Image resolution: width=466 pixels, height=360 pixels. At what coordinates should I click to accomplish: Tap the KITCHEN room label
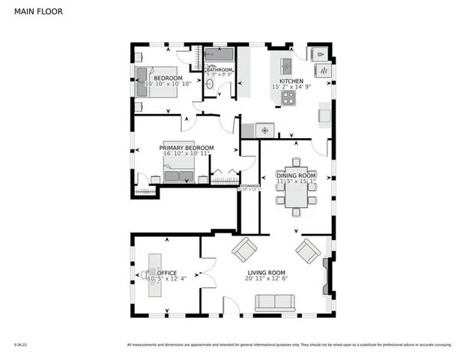tap(292, 81)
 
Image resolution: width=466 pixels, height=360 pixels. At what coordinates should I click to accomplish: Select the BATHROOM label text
tap(220, 70)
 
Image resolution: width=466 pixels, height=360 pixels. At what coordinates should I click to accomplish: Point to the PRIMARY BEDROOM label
tap(187, 148)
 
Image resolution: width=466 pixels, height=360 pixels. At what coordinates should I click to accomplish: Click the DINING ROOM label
tap(297, 175)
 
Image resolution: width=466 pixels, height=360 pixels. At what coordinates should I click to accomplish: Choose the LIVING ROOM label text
tap(267, 272)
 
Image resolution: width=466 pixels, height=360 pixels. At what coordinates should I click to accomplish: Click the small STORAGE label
tap(249, 185)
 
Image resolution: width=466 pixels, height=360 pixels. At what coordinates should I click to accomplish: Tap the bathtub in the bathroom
tap(219, 55)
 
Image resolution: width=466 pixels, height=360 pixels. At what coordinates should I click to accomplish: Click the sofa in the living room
tap(275, 302)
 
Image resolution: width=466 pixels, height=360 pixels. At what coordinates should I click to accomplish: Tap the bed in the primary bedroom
tap(180, 176)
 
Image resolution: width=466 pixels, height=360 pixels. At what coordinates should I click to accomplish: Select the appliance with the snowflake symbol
tap(264, 130)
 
